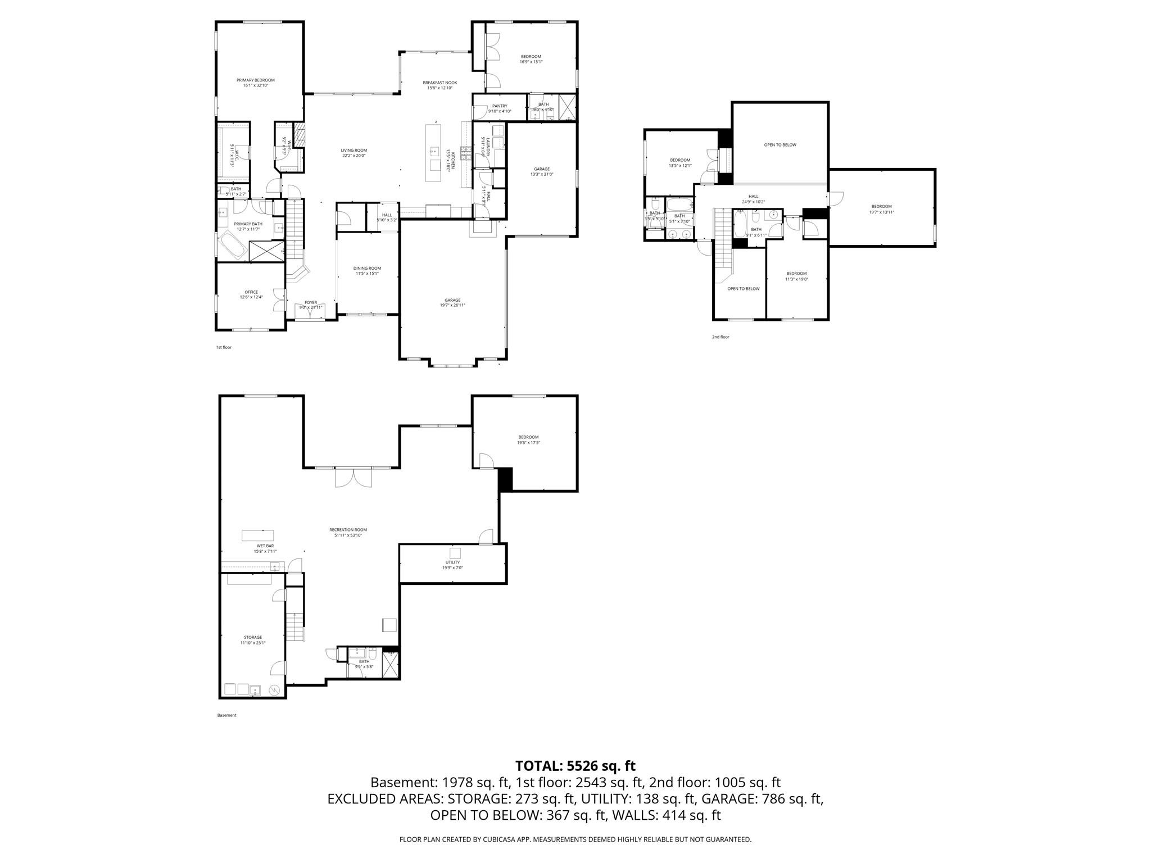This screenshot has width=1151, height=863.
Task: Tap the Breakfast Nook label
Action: (439, 83)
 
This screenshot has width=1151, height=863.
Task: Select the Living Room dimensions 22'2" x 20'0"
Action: (354, 156)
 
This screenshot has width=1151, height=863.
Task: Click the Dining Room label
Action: (367, 269)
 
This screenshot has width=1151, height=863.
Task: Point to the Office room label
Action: (251, 292)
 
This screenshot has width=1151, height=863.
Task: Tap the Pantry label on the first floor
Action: (500, 106)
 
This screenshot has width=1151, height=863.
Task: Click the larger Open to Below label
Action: (780, 145)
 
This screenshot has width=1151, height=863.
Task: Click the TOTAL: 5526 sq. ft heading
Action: (575, 766)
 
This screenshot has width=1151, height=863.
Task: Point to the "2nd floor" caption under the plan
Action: (720, 337)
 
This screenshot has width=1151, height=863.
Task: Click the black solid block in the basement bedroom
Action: (506, 479)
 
